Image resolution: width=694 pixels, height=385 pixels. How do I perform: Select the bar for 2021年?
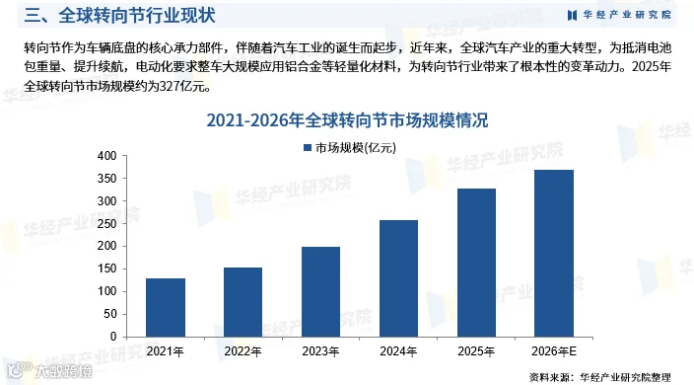coord(166,307)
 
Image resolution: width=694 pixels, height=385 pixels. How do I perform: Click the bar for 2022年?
coord(243,302)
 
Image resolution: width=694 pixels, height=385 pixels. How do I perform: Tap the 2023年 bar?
coord(321,292)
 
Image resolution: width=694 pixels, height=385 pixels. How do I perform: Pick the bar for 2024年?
coord(398,278)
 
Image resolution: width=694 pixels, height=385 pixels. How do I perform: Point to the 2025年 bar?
coord(477,263)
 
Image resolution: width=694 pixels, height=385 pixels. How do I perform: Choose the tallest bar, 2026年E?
coord(554,253)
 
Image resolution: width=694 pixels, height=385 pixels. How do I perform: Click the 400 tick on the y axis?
coord(106,156)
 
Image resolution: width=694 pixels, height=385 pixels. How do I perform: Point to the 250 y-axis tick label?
coord(106,224)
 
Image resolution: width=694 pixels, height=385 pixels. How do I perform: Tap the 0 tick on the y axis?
coord(113,337)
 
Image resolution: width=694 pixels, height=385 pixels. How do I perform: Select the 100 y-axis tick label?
coord(106,291)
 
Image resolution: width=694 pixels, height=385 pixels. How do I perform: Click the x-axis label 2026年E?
coord(554,351)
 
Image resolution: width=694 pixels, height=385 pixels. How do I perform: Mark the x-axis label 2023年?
coord(321,351)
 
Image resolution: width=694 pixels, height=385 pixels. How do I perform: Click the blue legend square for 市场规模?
coord(308,147)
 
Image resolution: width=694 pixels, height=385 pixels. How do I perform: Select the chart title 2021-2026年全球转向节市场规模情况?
coord(347,120)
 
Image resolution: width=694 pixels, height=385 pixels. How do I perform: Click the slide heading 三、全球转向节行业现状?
coord(119,16)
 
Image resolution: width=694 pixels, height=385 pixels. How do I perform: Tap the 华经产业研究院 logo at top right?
coord(620,15)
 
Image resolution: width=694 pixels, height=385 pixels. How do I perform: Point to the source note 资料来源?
coord(599,377)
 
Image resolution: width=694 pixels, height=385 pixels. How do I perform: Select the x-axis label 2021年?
coord(166,351)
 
